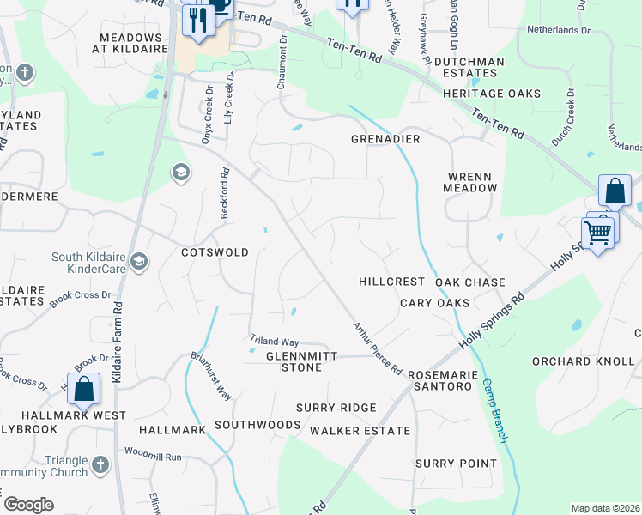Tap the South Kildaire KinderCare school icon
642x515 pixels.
139,261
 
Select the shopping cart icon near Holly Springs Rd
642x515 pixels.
597,232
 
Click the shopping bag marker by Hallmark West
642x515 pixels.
84,388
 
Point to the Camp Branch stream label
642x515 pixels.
496,411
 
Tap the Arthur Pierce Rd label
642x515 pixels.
378,348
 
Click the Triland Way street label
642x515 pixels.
274,341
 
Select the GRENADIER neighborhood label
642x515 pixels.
385,139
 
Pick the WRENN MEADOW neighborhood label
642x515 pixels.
471,181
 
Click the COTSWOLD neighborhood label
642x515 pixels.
215,253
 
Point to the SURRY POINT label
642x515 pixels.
456,463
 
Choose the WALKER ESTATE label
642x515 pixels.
360,430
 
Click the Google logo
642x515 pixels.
28,505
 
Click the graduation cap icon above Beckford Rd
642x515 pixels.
180,173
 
